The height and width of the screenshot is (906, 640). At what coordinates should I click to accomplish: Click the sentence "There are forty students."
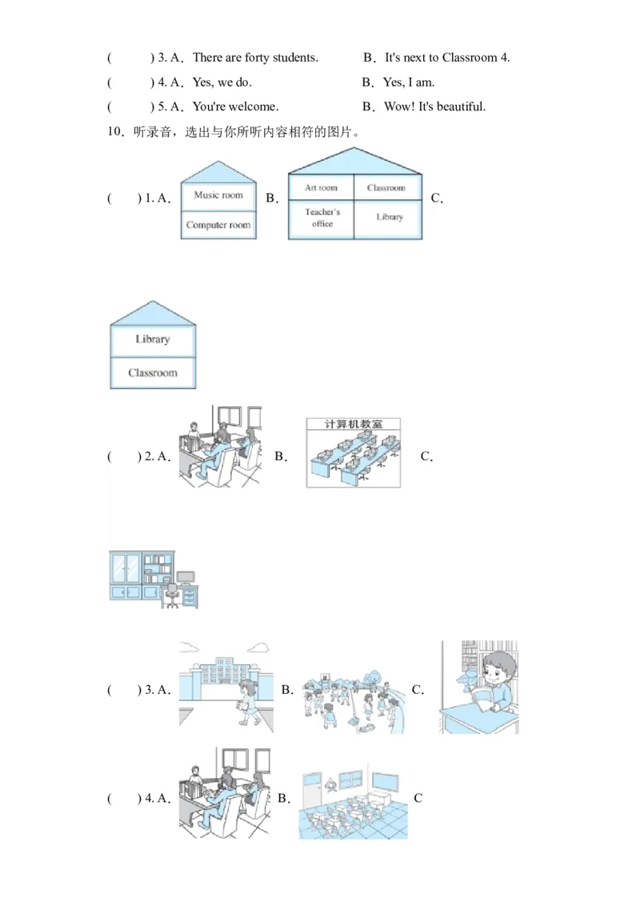[x=255, y=58]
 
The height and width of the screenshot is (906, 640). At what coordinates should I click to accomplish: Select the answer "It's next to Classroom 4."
[x=447, y=58]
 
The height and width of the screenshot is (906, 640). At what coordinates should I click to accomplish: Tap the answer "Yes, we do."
[x=222, y=82]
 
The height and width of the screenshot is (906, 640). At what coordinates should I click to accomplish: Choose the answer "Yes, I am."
[x=409, y=82]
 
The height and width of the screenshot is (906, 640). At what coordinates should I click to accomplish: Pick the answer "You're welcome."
[x=235, y=106]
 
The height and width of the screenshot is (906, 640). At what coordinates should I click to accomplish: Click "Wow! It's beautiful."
[x=434, y=106]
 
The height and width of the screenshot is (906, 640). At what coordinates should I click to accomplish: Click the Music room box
[x=218, y=195]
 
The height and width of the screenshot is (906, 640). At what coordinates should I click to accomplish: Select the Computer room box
[x=218, y=225]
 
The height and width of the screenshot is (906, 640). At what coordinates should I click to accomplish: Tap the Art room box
[x=321, y=188]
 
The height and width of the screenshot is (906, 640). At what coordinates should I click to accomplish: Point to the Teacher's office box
[x=322, y=218]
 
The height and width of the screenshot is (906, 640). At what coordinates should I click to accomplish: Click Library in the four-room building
[x=390, y=217]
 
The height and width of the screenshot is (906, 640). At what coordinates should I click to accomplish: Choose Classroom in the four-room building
[x=386, y=188]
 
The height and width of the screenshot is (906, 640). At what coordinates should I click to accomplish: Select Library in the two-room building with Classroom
[x=153, y=339]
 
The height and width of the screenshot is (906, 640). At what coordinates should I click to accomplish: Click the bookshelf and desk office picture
[x=152, y=579]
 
